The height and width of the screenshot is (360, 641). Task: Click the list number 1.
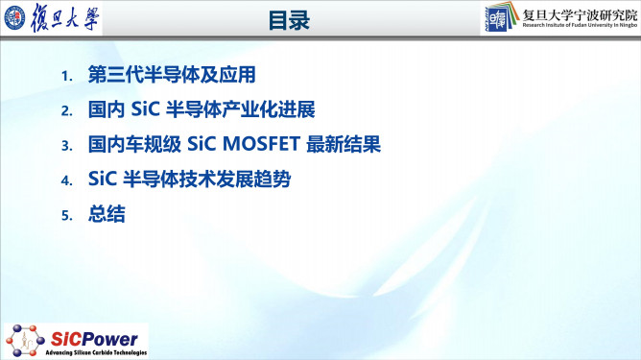click(66, 76)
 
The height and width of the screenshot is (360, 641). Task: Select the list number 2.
click(66, 111)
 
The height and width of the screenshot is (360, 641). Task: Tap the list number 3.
click(66, 147)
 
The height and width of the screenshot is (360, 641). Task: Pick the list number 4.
click(66, 181)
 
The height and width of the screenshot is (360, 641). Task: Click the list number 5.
click(66, 217)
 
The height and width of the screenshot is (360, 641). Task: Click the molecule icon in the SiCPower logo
click(24, 338)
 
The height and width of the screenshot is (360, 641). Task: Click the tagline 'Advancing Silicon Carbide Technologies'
click(93, 353)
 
